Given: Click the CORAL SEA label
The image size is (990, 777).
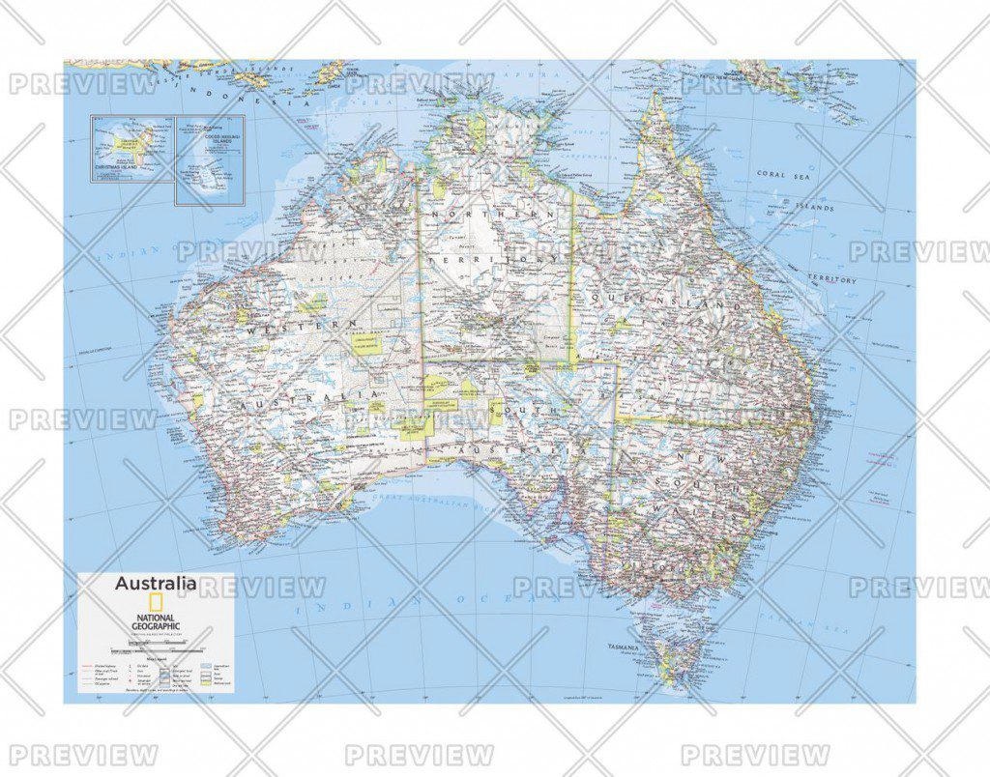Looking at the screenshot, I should [x=782, y=174].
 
